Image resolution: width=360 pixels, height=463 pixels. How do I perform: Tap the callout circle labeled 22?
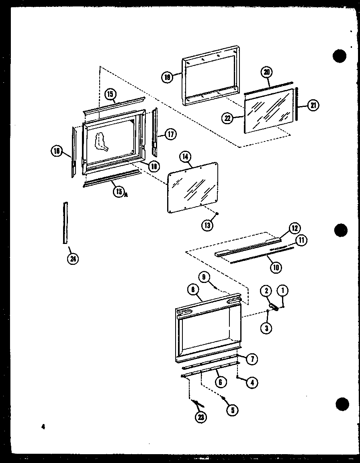[x=228, y=118]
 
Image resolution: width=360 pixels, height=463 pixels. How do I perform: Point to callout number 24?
[x=73, y=258]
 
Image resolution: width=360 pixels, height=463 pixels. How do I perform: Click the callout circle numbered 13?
[x=207, y=225]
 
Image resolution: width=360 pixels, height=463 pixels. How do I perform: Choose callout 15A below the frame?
[x=119, y=192]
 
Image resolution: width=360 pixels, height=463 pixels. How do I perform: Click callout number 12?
[x=295, y=228]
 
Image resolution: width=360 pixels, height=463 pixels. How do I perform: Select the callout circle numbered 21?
[x=313, y=106]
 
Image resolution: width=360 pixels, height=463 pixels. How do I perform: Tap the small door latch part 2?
[x=274, y=307]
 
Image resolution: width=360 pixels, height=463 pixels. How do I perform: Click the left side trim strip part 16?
[x=74, y=152]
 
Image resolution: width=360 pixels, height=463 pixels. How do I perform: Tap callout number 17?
[x=170, y=134]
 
